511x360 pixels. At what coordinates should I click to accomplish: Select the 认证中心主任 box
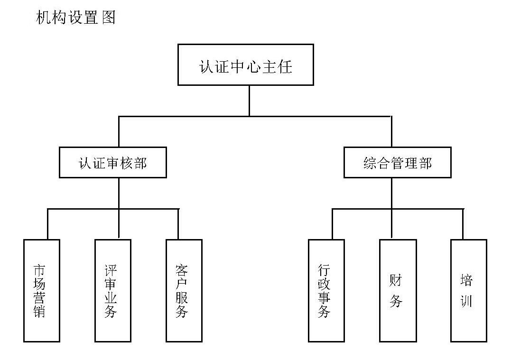pos(245,65)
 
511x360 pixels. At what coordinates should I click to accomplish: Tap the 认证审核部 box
pos(112,163)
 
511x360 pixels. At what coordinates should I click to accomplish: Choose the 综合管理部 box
pos(397,163)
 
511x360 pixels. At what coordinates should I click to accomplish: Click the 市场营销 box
pos(41,290)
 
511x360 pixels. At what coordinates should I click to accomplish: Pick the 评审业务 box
pos(112,290)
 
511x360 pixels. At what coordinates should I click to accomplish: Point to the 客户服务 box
pos(184,290)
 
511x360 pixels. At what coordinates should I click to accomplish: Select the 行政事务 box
pos(326,290)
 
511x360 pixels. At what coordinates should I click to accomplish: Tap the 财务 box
pos(398,290)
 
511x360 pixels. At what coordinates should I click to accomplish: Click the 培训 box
pos(468,290)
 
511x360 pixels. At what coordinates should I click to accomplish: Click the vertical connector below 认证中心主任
pos(249,101)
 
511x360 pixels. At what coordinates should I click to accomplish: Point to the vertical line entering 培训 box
pos(463,224)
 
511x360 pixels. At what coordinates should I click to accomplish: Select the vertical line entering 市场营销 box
pos(47,224)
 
